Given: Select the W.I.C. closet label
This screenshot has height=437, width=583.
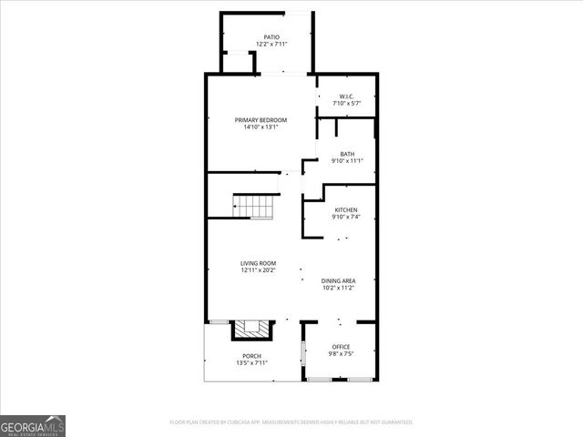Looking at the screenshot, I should [x=346, y=97].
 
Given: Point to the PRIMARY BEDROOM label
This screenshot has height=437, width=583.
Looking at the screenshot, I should [x=261, y=120].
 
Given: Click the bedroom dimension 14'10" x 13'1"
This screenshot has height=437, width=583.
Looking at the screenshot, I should [x=261, y=127].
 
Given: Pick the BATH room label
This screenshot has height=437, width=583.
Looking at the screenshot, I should [x=347, y=154].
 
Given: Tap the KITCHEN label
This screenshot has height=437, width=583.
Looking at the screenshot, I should [x=346, y=209].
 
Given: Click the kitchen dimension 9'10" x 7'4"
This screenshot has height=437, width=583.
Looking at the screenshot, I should [x=346, y=217].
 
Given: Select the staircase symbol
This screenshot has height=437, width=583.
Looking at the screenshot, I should [x=254, y=207].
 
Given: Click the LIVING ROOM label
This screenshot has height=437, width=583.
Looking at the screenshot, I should [x=258, y=263].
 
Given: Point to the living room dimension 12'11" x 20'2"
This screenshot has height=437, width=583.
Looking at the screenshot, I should [x=258, y=270].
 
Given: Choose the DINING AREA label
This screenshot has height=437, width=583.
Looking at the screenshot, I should [x=338, y=280].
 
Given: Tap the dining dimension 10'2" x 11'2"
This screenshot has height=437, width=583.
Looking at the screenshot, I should [x=338, y=288].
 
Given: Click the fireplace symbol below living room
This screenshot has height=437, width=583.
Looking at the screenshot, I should [x=252, y=329].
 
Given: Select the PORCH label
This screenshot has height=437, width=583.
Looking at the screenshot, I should [x=251, y=356].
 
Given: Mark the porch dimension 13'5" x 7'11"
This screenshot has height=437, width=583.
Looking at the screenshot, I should [x=251, y=363].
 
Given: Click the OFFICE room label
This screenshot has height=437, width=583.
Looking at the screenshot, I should [x=341, y=347].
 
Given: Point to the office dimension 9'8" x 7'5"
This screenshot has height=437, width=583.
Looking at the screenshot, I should [x=341, y=354].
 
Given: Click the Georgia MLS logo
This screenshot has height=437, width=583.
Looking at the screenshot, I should [x=33, y=425].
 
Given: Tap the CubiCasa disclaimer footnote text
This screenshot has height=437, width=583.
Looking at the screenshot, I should [x=291, y=422].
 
